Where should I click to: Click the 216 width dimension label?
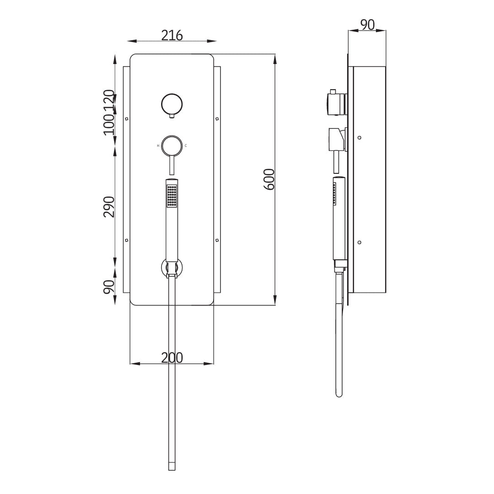coord(172,35)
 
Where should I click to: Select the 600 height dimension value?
coord(269,179)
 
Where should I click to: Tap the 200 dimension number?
coord(172,358)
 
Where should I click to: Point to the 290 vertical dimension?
coord(109,207)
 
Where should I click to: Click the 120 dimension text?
coord(109,101)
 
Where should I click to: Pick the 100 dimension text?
coord(109,124)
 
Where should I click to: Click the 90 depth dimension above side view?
coord(367,25)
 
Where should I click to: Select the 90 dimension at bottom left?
coord(109,287)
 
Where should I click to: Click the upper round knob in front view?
coord(172,104)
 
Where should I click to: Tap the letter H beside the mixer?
coord(158,146)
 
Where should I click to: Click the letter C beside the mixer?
coord(186,146)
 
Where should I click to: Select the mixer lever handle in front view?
coord(172,165)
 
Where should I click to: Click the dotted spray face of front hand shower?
coord(172,196)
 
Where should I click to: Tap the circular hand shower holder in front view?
coord(172,268)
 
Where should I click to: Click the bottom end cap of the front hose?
coord(172,467)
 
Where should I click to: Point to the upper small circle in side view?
coord(360,137)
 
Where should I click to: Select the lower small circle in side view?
coord(360,242)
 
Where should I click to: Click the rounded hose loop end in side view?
coord(339,393)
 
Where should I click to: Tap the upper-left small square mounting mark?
coord(127,119)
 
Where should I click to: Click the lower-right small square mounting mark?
coord(217,240)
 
